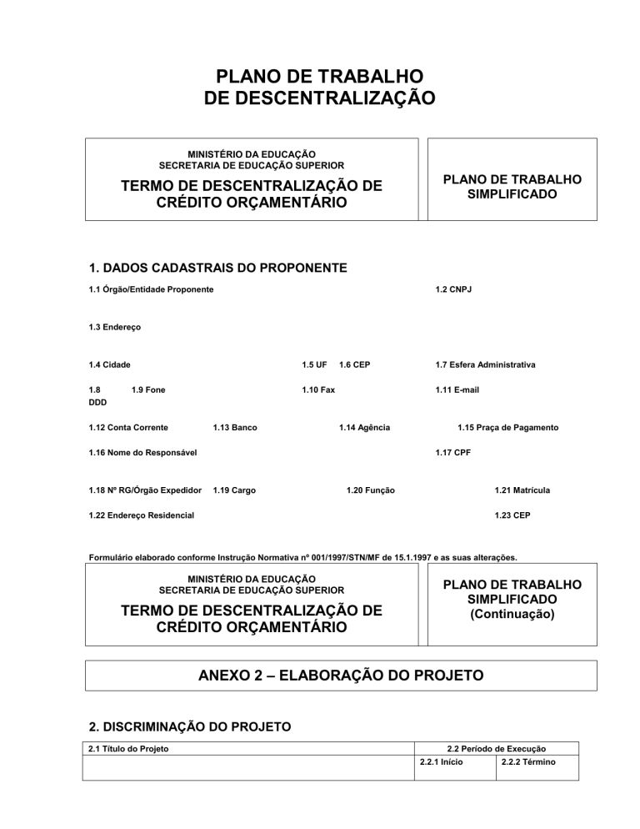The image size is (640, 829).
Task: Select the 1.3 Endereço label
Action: point(114,328)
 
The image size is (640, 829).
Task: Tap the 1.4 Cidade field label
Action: point(112,364)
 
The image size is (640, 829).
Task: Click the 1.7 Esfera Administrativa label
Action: point(485,364)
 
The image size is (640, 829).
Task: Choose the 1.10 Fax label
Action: point(317,389)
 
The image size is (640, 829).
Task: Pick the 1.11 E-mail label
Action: point(457,389)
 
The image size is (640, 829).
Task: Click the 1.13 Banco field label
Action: point(235,428)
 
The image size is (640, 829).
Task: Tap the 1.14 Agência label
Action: point(364,428)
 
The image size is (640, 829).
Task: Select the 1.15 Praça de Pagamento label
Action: point(508,428)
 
